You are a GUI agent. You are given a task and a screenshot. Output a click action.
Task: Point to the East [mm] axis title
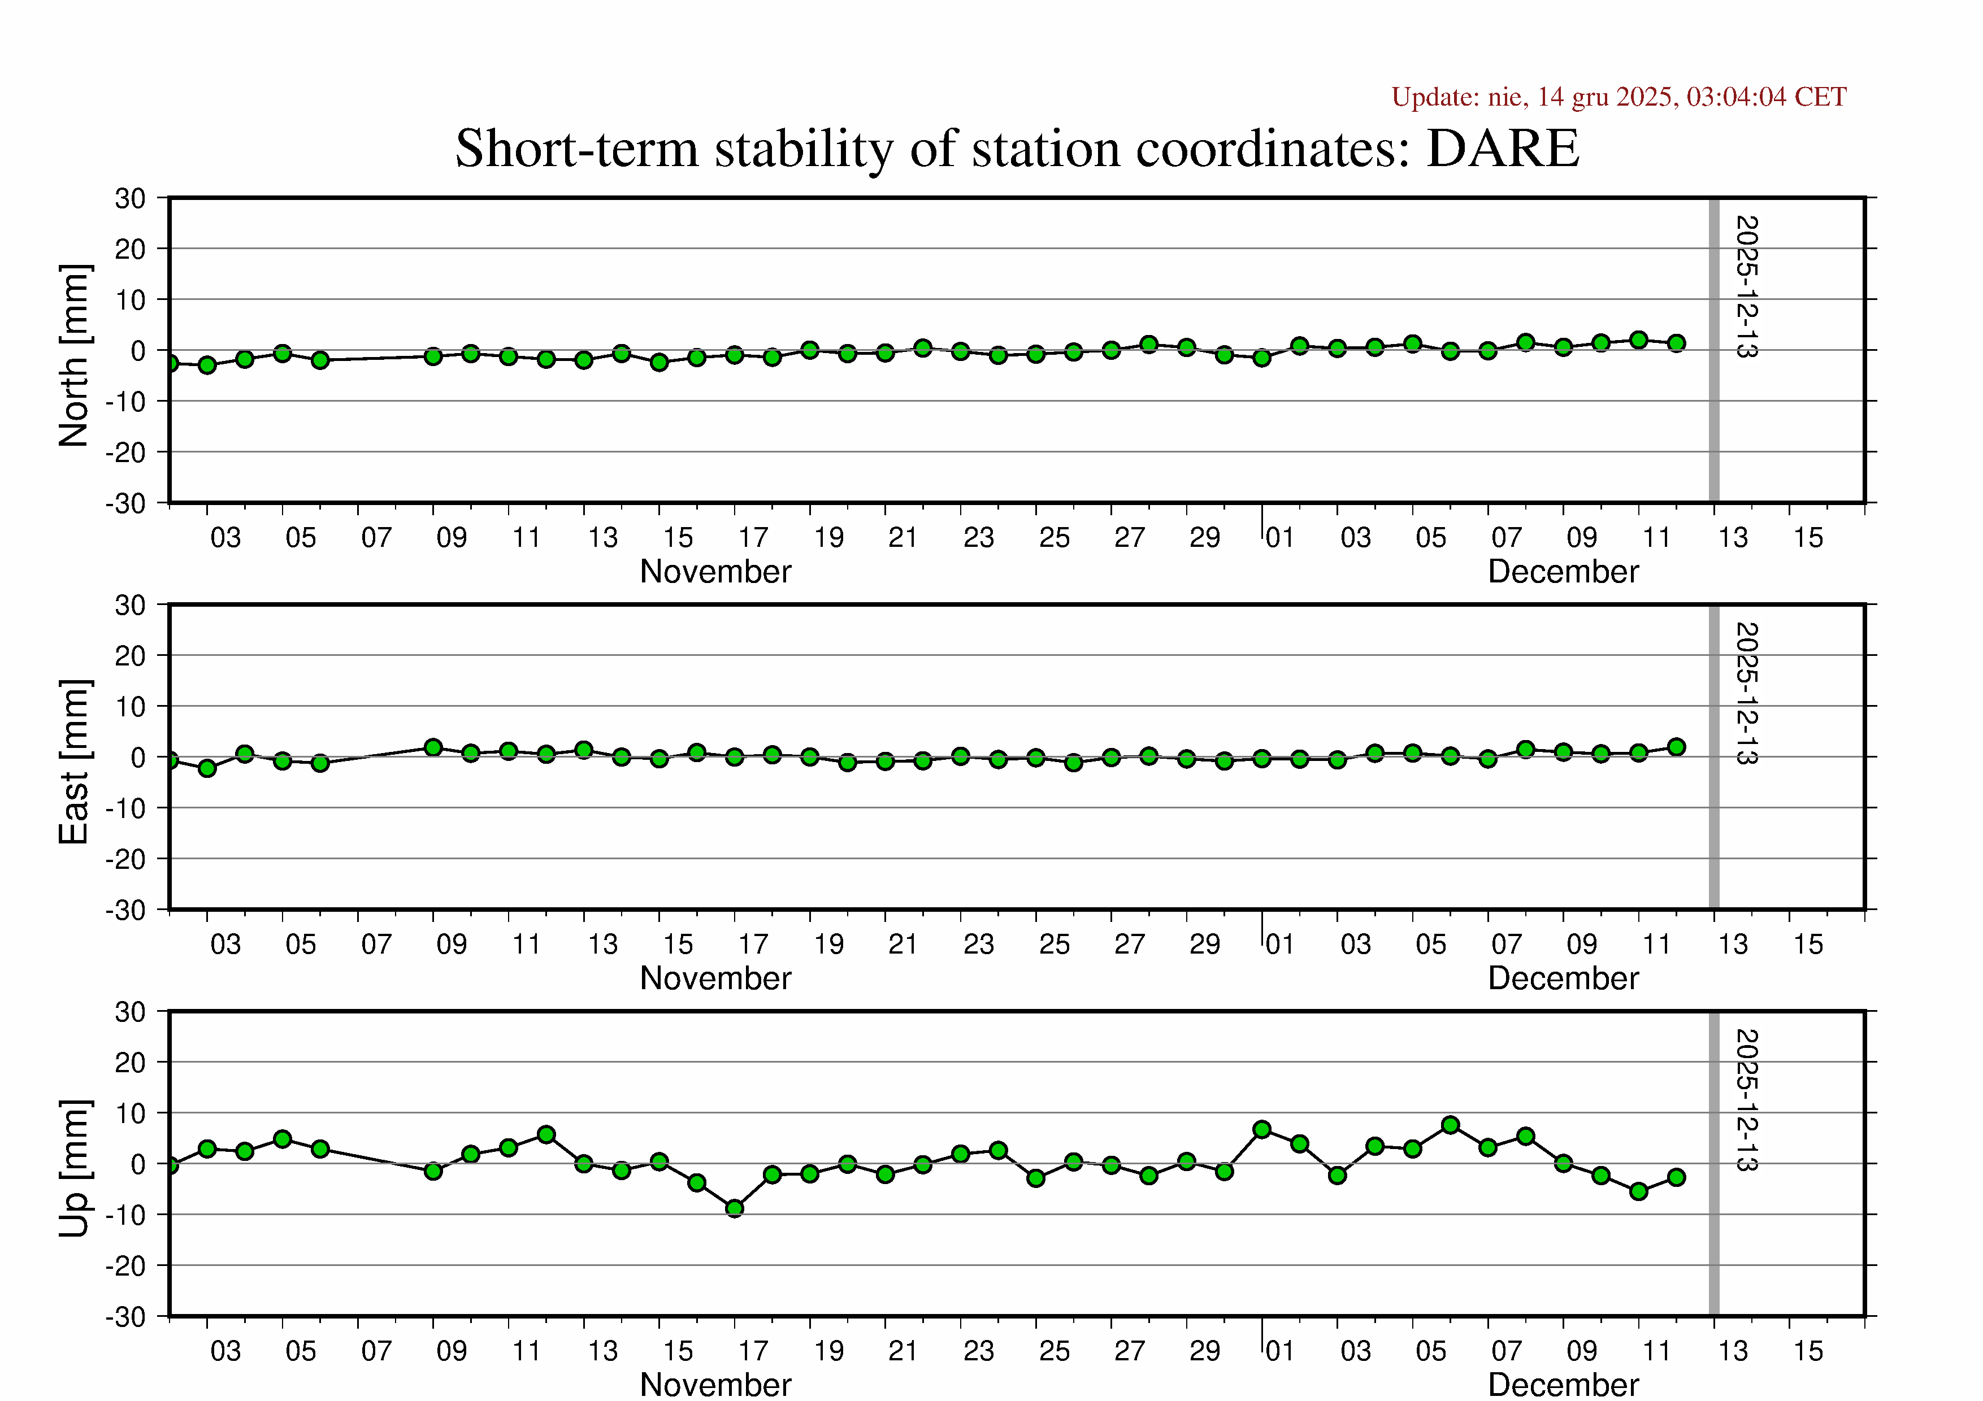pos(74,762)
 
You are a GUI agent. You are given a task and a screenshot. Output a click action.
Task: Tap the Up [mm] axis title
pos(74,1168)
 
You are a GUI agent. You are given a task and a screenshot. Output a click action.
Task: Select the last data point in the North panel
pos(1676,343)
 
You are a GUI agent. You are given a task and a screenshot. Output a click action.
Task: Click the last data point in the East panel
pos(1676,747)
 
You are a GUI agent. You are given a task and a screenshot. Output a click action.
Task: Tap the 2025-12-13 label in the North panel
pos(1746,286)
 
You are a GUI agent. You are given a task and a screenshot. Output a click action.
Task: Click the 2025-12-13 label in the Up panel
pos(1746,1100)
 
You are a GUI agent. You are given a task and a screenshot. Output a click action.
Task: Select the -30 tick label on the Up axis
pos(126,1317)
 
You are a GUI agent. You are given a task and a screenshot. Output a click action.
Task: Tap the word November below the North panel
pos(715,572)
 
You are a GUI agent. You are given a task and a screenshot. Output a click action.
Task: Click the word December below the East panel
pos(1563,978)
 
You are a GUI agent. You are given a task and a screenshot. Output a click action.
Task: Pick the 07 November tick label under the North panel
pos(376,538)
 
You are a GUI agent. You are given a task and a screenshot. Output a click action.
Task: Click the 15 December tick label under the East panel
pos(1808,945)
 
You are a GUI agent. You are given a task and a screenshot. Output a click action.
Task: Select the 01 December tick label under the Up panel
pos(1280,1351)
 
